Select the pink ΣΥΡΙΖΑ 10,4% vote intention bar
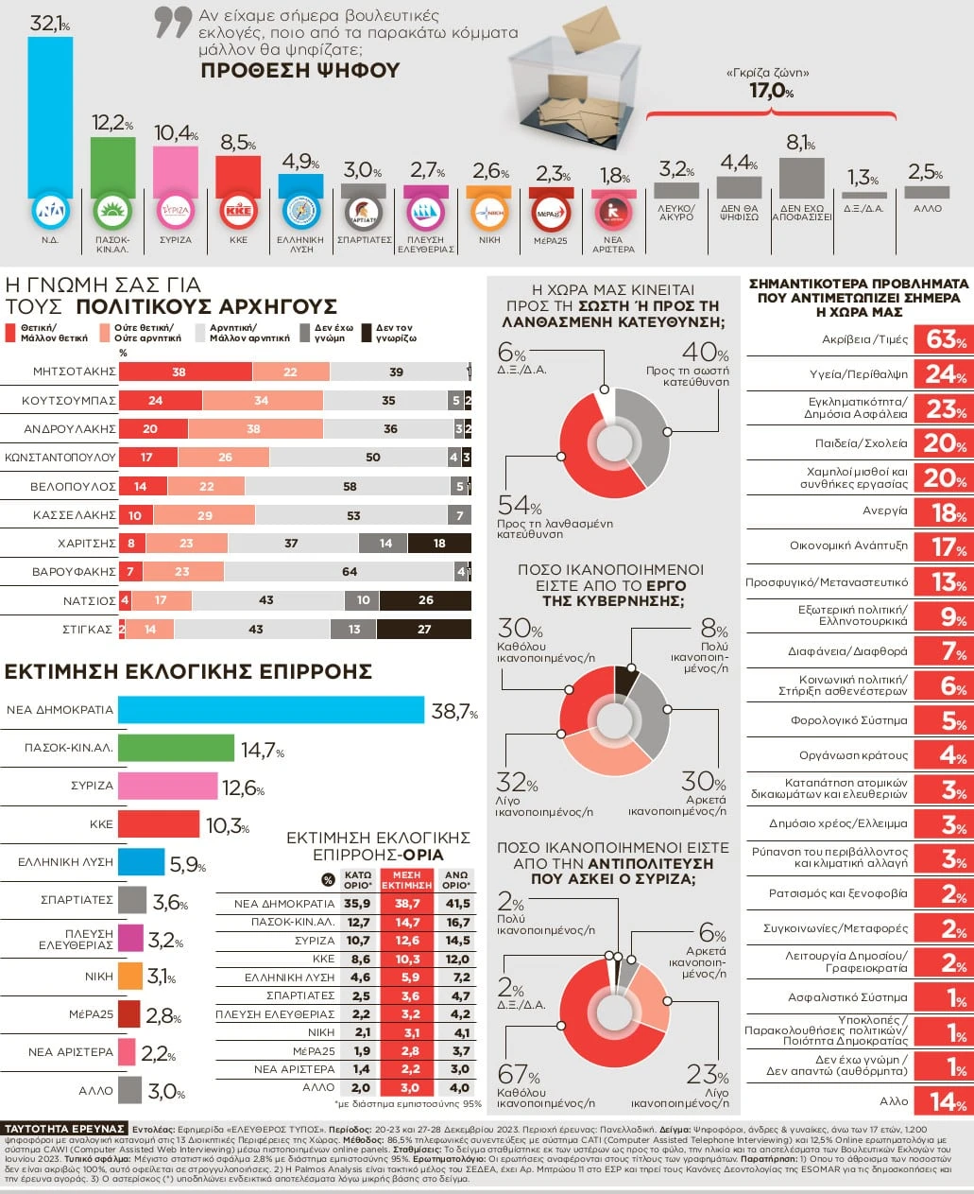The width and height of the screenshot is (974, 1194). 175,170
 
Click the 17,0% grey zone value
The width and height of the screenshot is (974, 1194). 770,91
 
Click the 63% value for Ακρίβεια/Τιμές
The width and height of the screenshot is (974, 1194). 945,339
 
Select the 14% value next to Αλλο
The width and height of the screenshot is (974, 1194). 945,1101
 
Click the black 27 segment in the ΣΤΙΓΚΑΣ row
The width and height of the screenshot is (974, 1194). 424,630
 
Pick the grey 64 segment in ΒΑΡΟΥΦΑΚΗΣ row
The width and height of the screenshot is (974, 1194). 350,572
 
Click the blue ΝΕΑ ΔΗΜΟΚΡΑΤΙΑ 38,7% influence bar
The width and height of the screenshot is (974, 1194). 270,710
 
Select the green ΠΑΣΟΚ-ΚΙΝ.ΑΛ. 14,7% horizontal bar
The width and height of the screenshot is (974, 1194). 176,748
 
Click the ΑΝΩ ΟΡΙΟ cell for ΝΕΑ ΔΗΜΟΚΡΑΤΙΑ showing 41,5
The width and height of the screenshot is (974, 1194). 457,904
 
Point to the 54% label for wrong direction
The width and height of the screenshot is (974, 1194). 519,506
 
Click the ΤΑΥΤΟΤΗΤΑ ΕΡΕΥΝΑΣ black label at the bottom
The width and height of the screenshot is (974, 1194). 64,1129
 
